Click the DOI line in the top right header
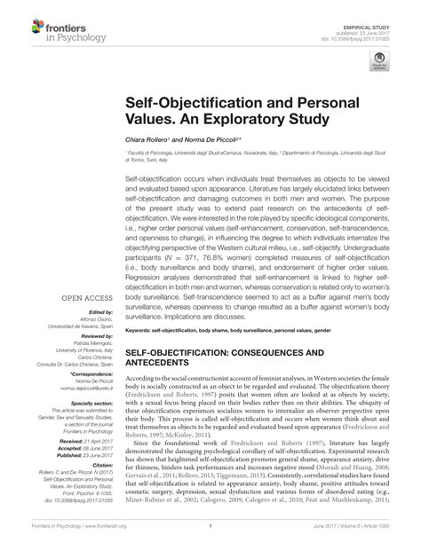point(371,25)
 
